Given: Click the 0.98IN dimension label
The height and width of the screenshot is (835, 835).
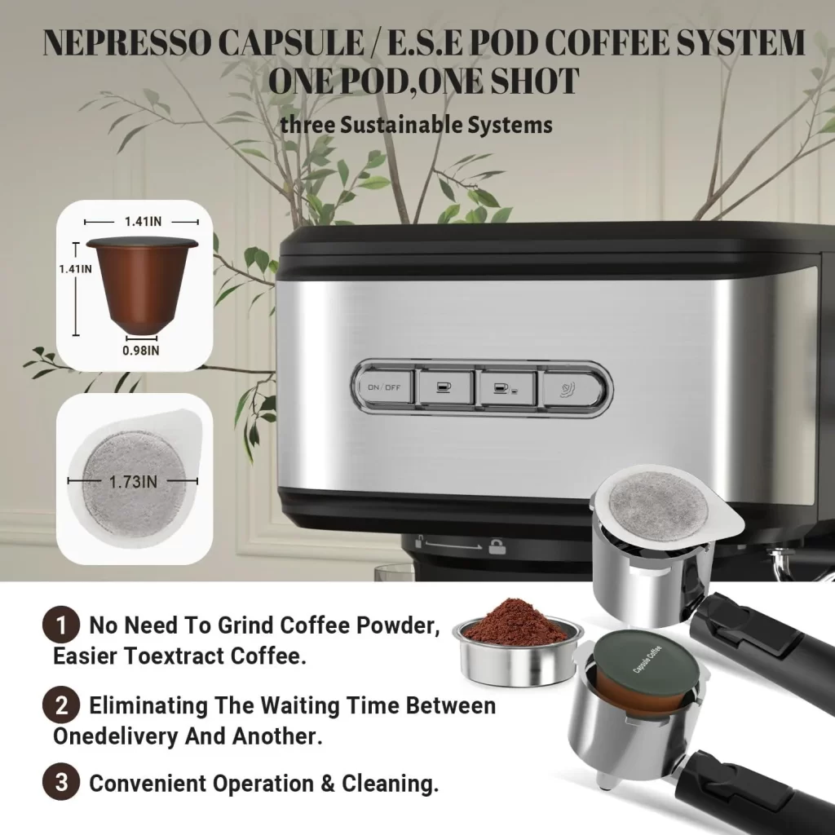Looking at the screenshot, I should (141, 351).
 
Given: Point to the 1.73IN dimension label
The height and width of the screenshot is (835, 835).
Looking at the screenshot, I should (133, 481).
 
